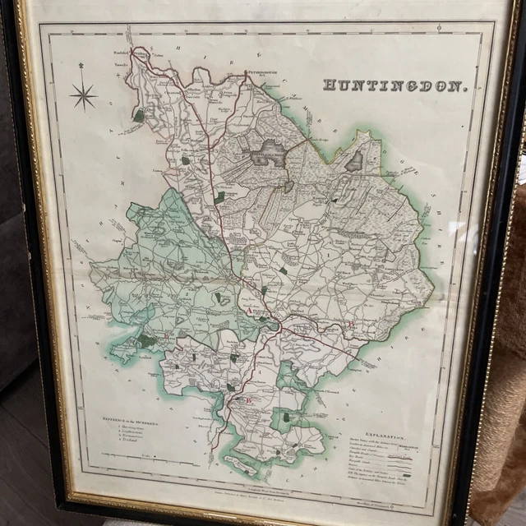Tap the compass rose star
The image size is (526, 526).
[x=83, y=97]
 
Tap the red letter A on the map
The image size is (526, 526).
[x=251, y=311]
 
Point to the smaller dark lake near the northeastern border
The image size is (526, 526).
[x=354, y=161]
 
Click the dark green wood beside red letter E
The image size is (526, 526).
[x=148, y=340]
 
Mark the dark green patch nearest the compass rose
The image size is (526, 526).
[x=139, y=117]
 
